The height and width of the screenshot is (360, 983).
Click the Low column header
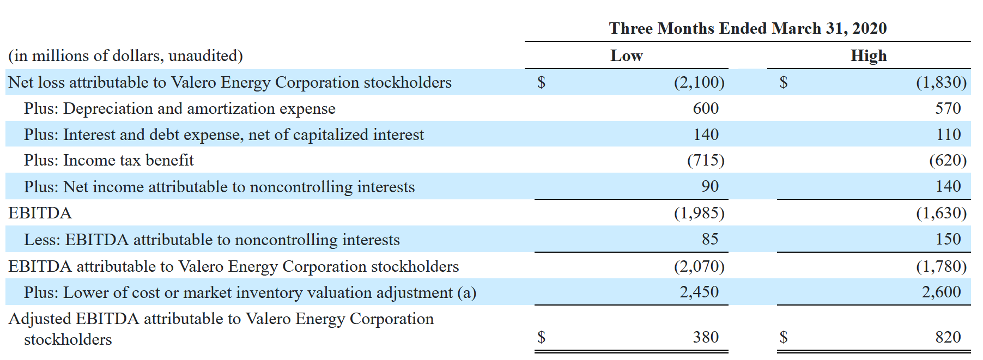626,56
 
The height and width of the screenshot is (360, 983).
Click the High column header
869,56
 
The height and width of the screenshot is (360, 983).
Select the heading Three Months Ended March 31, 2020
748,28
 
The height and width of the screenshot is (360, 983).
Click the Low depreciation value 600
706,108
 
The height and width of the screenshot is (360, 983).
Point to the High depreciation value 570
948,108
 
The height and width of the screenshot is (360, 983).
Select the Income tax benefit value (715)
706,160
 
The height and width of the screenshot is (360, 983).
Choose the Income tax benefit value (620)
948,160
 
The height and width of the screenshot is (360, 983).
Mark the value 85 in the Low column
710,239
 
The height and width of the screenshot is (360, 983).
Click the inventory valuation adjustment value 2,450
699,292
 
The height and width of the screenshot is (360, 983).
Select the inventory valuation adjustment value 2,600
942,292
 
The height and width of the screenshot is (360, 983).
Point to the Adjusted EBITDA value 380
706,337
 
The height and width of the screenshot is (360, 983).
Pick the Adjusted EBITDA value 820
948,337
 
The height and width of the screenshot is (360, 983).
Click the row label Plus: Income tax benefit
109,160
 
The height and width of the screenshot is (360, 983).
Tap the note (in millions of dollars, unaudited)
125,56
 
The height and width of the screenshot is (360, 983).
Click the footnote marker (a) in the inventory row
467,292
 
